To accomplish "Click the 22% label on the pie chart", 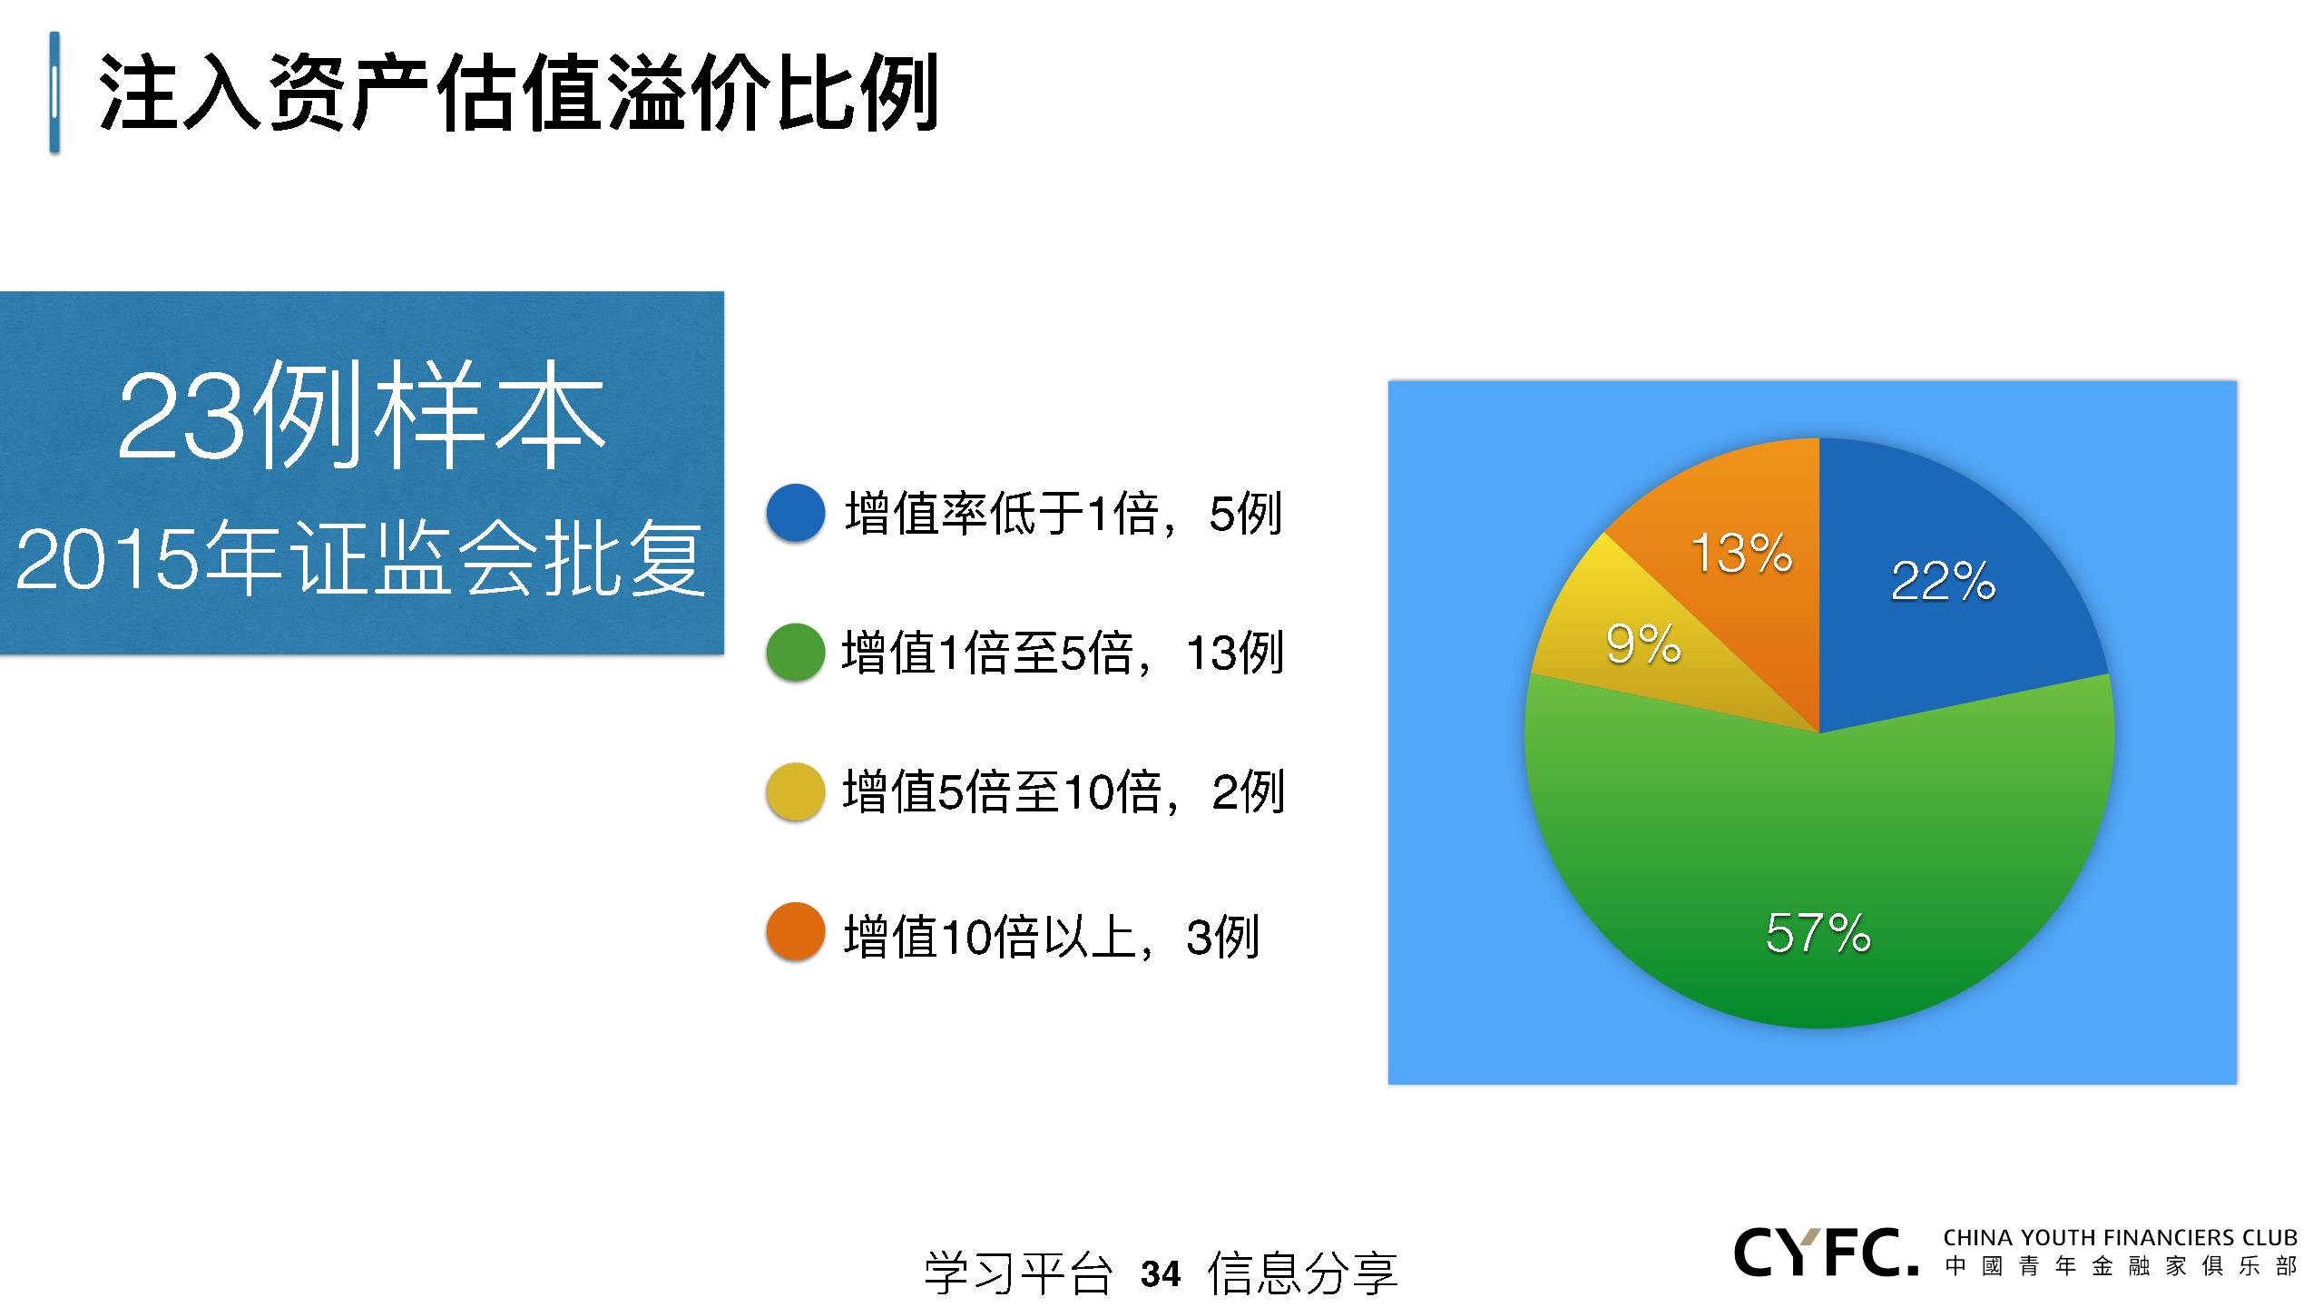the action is point(1943,581).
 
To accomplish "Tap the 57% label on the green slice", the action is point(1818,933).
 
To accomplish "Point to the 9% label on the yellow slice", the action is point(1643,644).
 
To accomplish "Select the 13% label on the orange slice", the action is point(1741,553).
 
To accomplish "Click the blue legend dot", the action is point(796,513).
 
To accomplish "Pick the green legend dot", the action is point(796,652).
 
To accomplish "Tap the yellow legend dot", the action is point(796,792).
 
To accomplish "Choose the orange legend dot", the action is point(796,932).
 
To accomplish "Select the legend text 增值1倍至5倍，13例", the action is point(1063,653).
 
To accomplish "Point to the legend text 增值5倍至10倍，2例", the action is point(1063,791).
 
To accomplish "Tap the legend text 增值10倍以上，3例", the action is point(1052,936).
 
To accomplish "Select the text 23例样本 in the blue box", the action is point(361,416).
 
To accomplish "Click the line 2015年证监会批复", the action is point(360,558).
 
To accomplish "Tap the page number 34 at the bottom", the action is point(1161,1274).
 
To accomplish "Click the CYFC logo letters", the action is point(1826,1253).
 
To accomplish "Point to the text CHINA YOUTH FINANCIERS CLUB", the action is point(2120,1237).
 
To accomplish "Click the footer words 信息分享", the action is point(1302,1273).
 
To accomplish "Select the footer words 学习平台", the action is point(1018,1273).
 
